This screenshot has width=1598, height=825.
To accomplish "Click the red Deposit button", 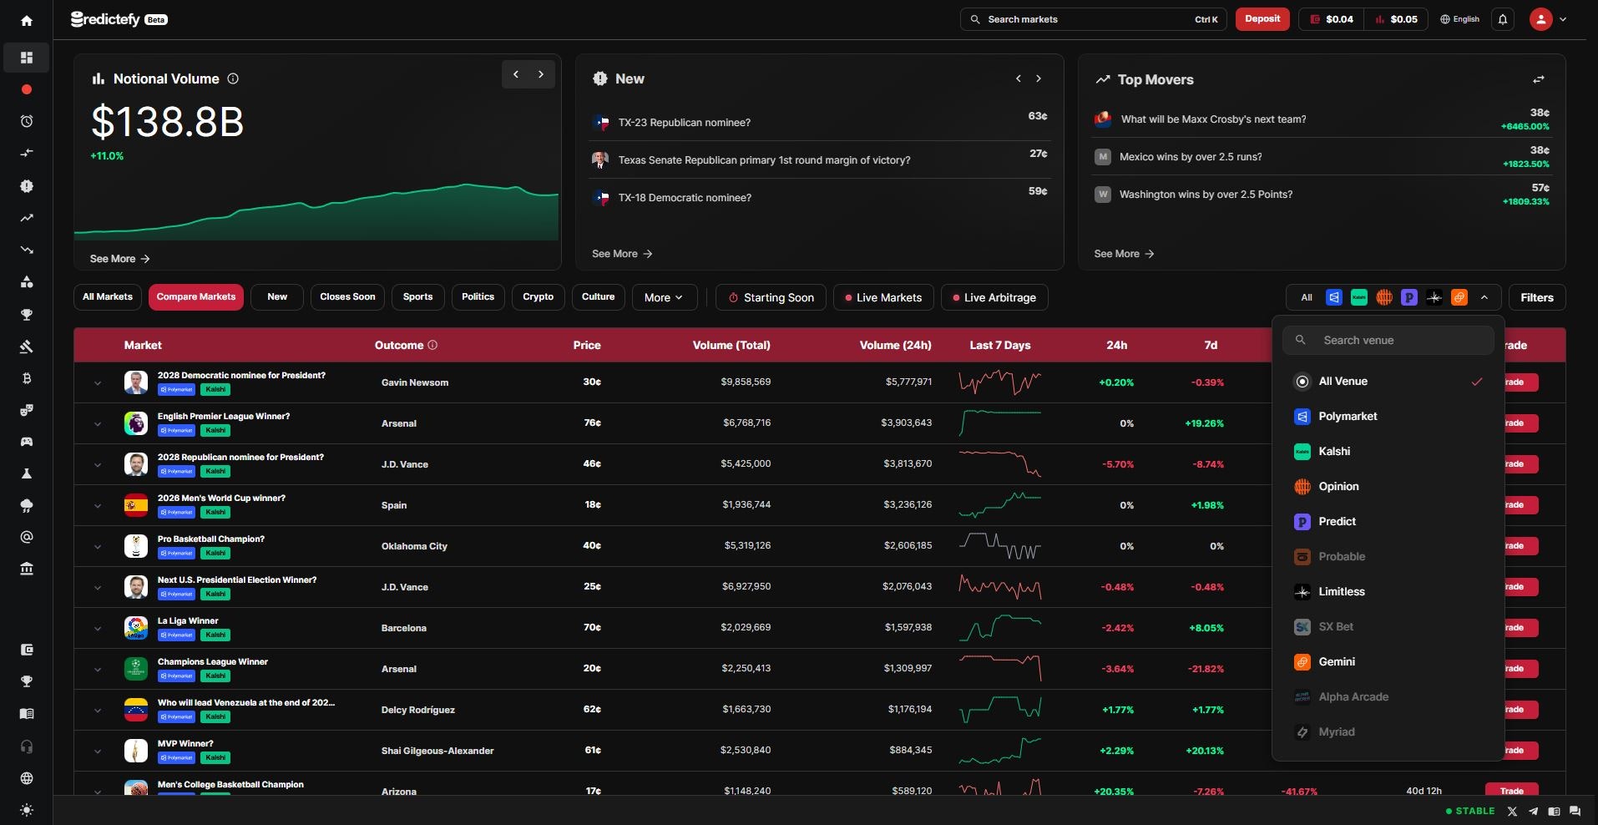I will pyautogui.click(x=1262, y=19).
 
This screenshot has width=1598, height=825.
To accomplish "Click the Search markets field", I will pyautogui.click(x=1085, y=19).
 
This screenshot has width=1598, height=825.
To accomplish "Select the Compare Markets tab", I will pyautogui.click(x=196, y=297).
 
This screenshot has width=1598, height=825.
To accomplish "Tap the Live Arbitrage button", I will pyautogui.click(x=994, y=298).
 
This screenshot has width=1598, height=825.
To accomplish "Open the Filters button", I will pyautogui.click(x=1536, y=298).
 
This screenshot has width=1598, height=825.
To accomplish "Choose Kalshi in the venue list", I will pyautogui.click(x=1334, y=452).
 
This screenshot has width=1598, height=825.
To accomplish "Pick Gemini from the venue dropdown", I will pyautogui.click(x=1336, y=662).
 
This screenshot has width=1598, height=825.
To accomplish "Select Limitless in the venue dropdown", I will pyautogui.click(x=1341, y=592).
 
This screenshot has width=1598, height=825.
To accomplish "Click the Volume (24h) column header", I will pyautogui.click(x=895, y=346).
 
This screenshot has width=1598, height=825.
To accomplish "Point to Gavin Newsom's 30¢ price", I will pyautogui.click(x=592, y=382).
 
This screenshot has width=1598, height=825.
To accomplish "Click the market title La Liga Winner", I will pyautogui.click(x=188, y=621).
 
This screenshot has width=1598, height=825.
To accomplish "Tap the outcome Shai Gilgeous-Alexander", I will pyautogui.click(x=437, y=751).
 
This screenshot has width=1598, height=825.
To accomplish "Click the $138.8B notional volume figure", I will pyautogui.click(x=167, y=123).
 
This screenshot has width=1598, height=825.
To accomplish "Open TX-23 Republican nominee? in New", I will pyautogui.click(x=684, y=123).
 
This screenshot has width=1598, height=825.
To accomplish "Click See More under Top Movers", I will pyautogui.click(x=1123, y=254).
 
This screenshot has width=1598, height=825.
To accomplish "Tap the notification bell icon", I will pyautogui.click(x=1503, y=19).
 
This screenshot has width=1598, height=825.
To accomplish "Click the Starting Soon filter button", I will pyautogui.click(x=771, y=298).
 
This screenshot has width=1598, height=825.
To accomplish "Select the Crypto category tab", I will pyautogui.click(x=538, y=297).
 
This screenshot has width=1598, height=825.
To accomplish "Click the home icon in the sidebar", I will pyautogui.click(x=27, y=21).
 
